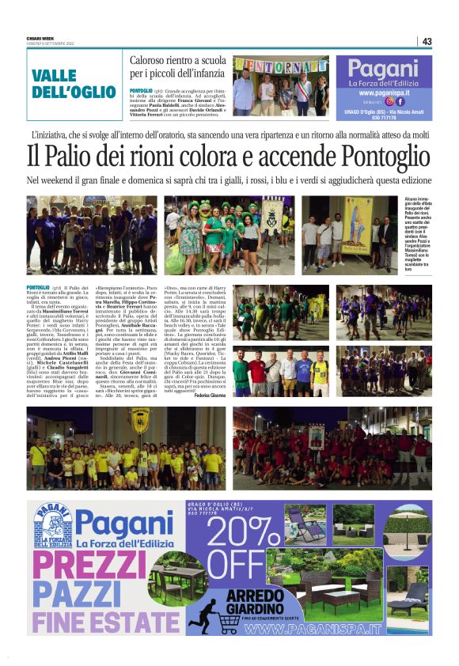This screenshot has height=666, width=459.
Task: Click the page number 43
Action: (x=427, y=41)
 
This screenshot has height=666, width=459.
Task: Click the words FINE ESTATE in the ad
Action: (x=108, y=622)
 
